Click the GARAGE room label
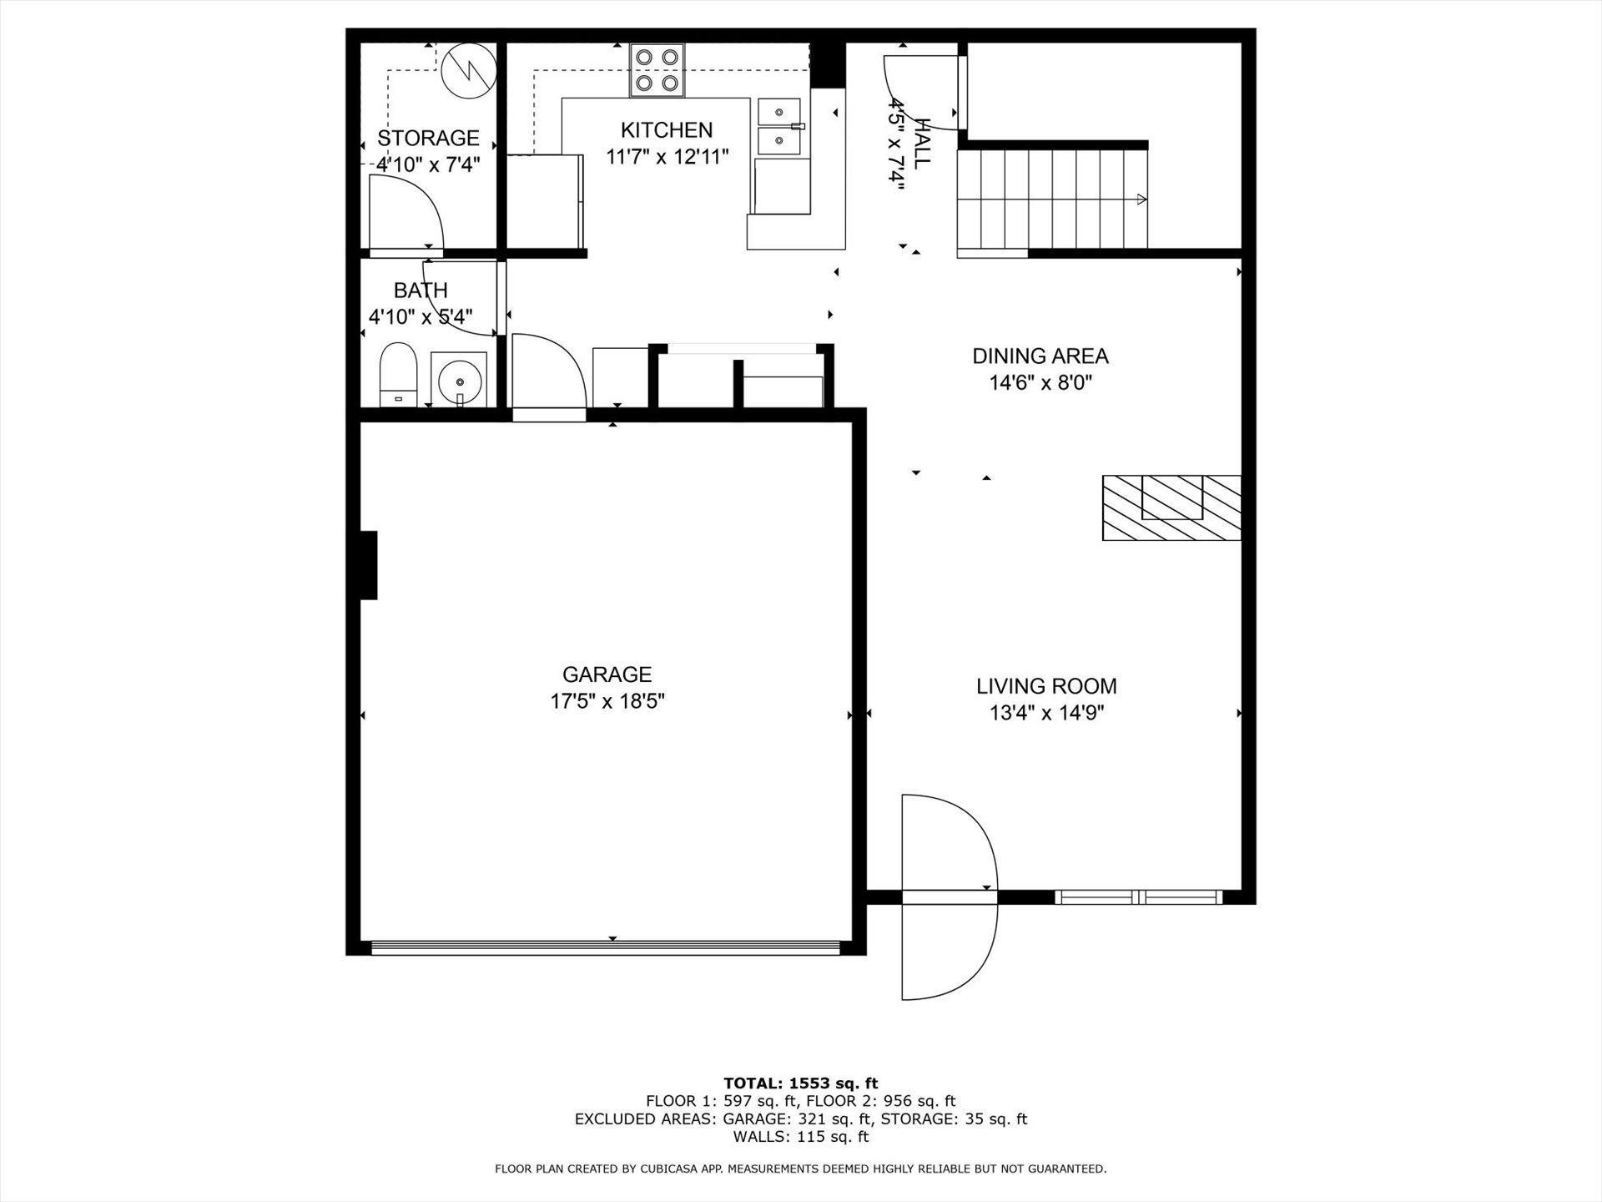click(607, 674)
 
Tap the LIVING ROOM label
click(1046, 686)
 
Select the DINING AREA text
click(1040, 356)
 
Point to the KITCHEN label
click(667, 130)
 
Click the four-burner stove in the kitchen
click(657, 70)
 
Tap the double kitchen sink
click(780, 127)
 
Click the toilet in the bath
click(398, 374)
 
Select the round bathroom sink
click(459, 381)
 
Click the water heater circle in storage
click(468, 71)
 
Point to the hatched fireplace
click(1171, 508)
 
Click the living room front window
click(1139, 897)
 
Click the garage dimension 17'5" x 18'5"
click(607, 700)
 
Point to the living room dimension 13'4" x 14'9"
click(1046, 713)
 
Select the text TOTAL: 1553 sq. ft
click(800, 1084)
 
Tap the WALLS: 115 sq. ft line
click(801, 1137)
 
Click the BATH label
click(421, 290)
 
